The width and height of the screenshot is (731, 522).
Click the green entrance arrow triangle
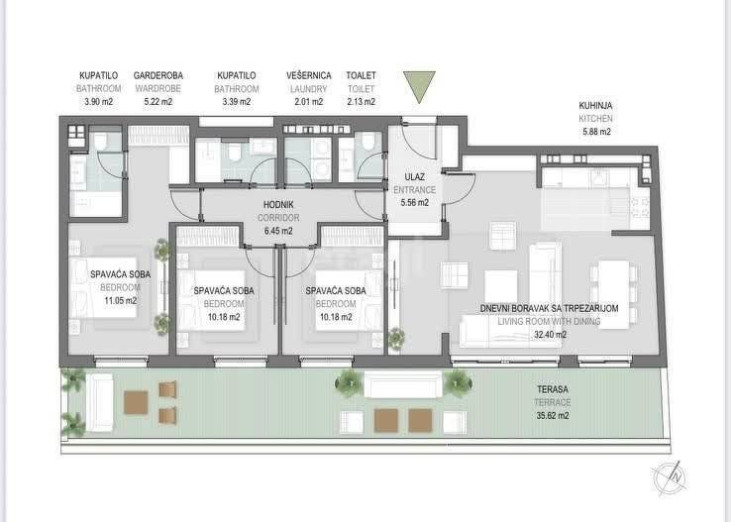click(x=419, y=84)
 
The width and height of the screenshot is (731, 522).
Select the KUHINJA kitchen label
click(x=595, y=106)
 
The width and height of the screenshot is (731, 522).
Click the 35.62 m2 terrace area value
click(x=553, y=415)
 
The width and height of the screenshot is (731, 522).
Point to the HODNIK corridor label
click(x=278, y=205)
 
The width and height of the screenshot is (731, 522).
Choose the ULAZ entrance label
click(x=414, y=177)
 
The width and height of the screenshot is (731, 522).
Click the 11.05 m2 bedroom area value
click(x=120, y=300)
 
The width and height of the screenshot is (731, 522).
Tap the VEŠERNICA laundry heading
click(x=309, y=75)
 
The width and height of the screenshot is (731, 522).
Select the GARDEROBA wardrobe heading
click(x=158, y=75)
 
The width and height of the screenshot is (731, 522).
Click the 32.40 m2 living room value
click(x=550, y=334)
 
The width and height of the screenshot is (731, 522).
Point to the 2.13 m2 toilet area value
click(x=361, y=102)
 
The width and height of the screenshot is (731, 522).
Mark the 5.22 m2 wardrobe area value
click(x=158, y=102)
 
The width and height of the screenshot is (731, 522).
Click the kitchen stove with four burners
click(x=639, y=207)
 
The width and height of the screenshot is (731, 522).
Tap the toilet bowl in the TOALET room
click(x=368, y=141)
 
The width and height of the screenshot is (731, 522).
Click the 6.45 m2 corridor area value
click(x=278, y=231)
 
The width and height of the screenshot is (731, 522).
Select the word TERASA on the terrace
click(x=553, y=389)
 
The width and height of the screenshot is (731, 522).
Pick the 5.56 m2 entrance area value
click(x=414, y=203)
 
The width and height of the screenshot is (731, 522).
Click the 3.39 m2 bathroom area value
click(x=237, y=102)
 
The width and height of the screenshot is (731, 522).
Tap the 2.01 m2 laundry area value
click(x=309, y=102)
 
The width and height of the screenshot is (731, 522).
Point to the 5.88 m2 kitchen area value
click(x=596, y=132)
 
